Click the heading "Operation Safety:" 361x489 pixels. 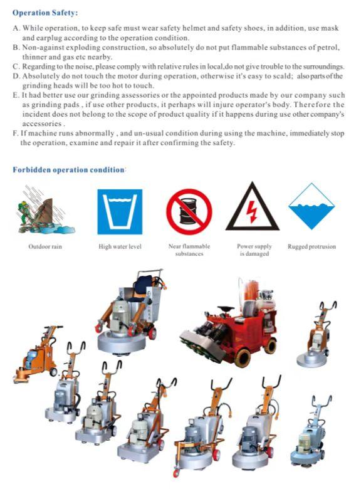coord(45,13)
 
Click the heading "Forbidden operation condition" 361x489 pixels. coord(68,170)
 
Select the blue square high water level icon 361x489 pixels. coord(120,212)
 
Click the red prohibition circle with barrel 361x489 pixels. coord(189,212)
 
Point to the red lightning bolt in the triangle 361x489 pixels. coord(251,211)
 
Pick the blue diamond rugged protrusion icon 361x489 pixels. coord(311,206)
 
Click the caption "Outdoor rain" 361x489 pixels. coord(45,246)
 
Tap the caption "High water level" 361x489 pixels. coord(120,246)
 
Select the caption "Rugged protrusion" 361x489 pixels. coord(311,246)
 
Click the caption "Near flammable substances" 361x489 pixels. coord(189,250)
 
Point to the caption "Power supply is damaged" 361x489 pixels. coord(254,250)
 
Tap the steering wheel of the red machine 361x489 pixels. coord(226,308)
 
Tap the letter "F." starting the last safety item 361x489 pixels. coord(16,133)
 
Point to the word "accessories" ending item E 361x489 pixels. coord(42,124)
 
